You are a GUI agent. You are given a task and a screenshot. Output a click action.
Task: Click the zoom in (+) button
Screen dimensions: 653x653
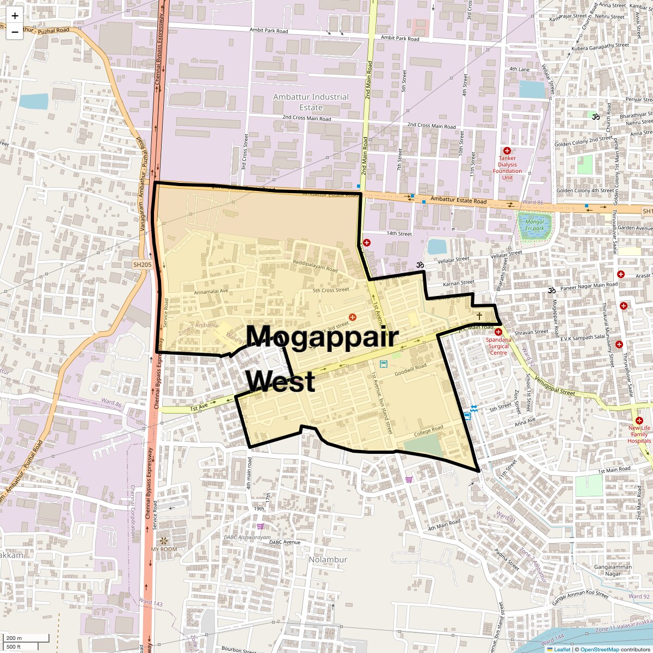point(15,16)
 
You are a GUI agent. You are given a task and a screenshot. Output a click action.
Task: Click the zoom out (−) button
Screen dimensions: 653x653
point(15,32)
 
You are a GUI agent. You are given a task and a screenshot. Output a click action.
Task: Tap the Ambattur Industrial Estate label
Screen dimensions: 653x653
point(311,102)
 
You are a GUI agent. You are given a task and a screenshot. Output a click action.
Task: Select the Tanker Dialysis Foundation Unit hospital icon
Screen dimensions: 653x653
point(507,151)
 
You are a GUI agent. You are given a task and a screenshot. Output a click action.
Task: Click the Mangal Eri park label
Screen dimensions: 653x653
point(534,225)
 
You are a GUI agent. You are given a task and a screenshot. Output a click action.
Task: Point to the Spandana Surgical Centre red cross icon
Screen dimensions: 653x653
point(498,331)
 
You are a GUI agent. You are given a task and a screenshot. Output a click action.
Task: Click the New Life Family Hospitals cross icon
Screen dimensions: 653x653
point(639,421)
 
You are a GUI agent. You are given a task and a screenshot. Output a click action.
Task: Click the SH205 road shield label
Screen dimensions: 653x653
point(142,264)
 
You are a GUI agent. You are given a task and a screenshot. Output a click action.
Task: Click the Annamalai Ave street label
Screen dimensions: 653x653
point(211,292)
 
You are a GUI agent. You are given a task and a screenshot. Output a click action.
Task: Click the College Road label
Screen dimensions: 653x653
point(428,430)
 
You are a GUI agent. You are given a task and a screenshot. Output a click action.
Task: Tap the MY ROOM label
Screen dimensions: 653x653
point(164,549)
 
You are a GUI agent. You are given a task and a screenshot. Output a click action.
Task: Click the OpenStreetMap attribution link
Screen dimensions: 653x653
point(599,649)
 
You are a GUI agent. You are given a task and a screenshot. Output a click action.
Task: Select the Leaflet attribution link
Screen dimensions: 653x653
point(562,649)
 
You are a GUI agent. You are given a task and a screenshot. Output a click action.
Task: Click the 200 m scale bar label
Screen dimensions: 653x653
point(15,638)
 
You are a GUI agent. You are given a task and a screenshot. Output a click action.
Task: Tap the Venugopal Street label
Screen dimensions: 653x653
point(555,385)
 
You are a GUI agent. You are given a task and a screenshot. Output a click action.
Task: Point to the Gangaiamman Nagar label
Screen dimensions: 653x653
point(613,570)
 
